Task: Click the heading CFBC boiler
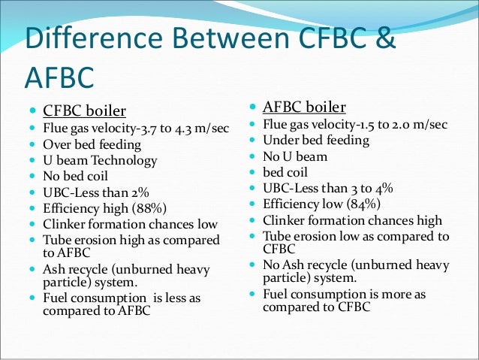tap(84, 111)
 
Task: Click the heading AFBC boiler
tap(303, 106)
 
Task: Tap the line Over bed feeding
tap(91, 144)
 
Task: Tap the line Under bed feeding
tap(315, 140)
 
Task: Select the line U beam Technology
tap(100, 160)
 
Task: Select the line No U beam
tap(295, 156)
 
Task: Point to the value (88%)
tap(147, 208)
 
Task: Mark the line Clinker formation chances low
tap(129, 224)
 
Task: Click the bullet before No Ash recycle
tap(253, 265)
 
